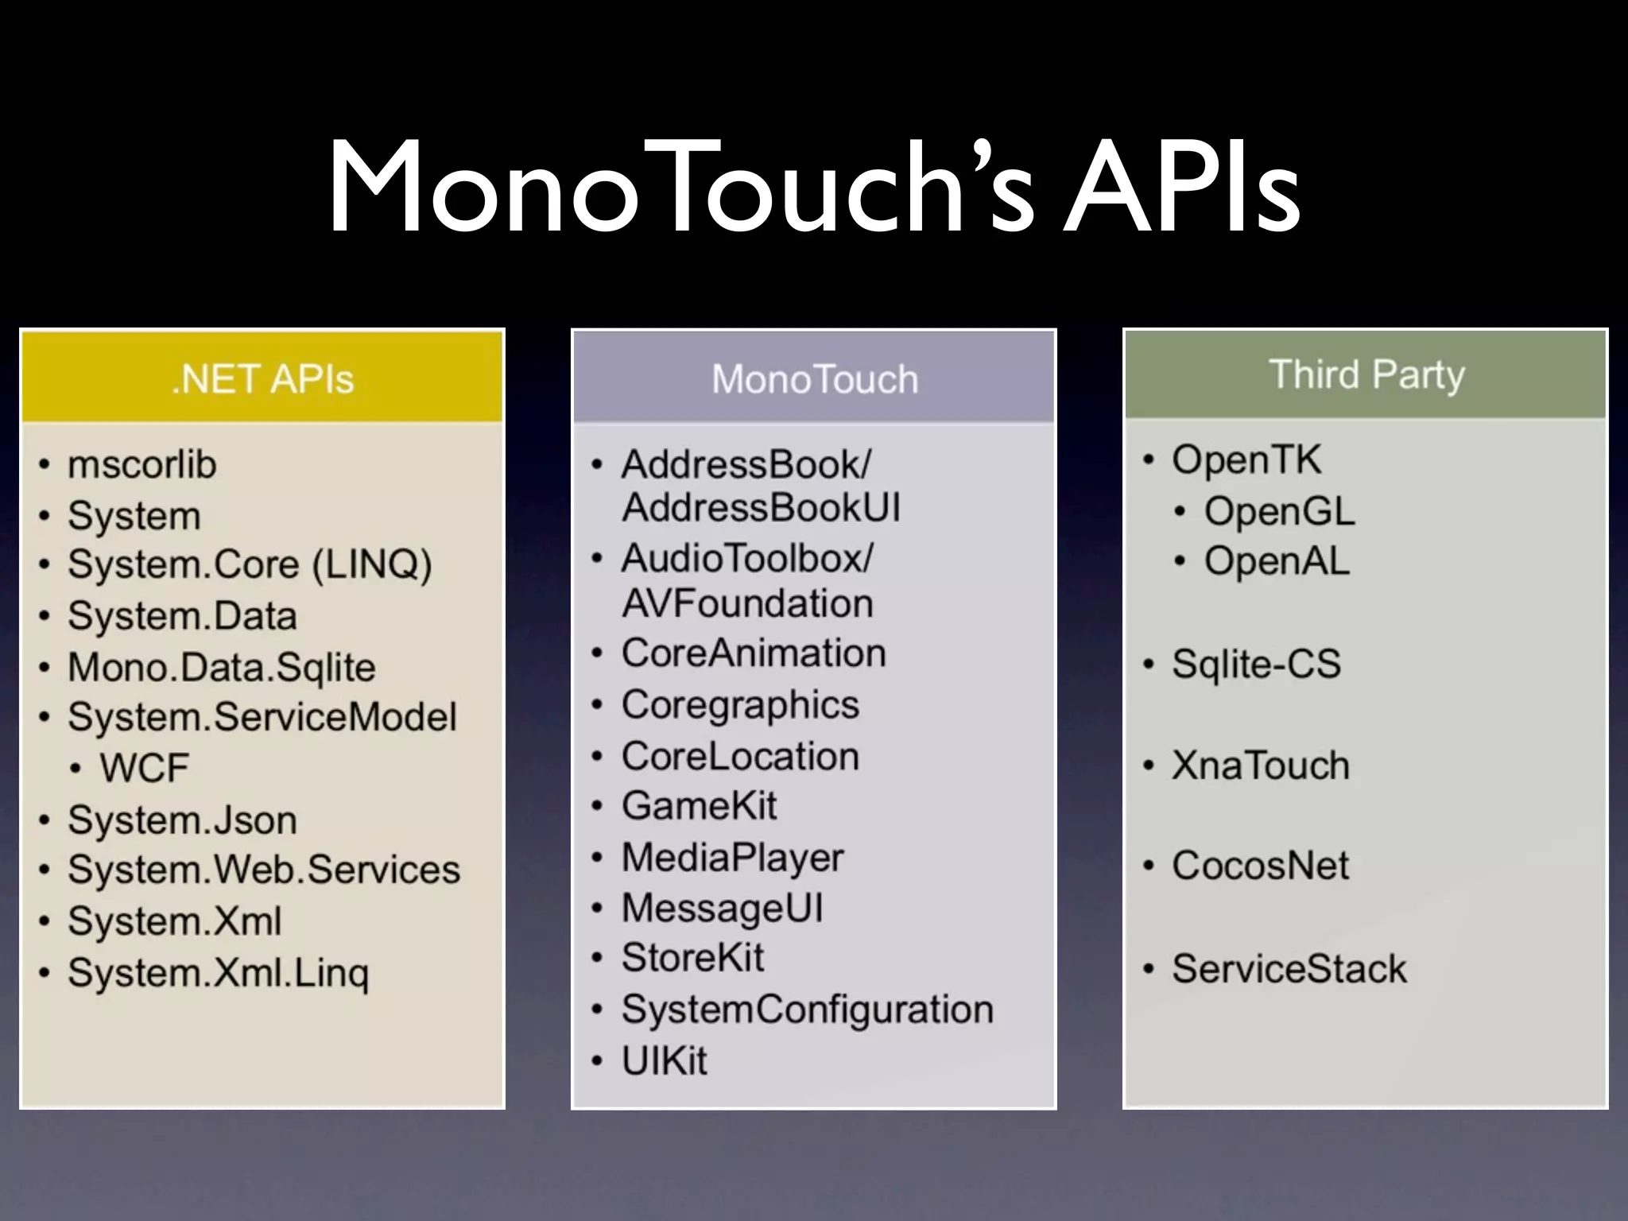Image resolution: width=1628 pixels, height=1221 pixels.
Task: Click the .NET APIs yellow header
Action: tap(262, 378)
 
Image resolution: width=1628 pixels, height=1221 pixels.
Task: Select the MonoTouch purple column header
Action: tap(814, 378)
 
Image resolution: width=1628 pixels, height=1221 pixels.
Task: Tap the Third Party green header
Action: tap(1366, 374)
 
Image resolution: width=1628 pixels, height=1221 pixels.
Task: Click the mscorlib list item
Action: tap(141, 464)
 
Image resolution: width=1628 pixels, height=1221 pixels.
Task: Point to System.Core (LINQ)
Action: tap(250, 564)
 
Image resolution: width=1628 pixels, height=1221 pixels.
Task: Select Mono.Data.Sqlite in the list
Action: tap(221, 667)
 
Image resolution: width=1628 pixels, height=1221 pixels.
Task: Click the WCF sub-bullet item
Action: tap(144, 768)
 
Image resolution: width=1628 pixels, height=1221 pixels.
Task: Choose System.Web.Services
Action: tap(263, 870)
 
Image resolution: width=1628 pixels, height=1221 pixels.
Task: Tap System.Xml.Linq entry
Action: tap(218, 972)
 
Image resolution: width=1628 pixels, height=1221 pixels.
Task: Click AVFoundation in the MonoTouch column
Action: tap(747, 603)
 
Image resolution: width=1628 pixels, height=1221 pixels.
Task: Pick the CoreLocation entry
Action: tap(740, 756)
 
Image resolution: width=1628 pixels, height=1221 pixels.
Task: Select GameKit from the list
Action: tap(699, 806)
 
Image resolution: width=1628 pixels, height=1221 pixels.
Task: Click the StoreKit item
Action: tap(692, 957)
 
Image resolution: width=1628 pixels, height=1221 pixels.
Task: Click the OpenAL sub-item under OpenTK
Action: tap(1276, 561)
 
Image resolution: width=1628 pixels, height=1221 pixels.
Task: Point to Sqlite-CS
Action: tap(1256, 664)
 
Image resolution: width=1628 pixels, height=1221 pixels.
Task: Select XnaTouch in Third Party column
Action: tap(1260, 766)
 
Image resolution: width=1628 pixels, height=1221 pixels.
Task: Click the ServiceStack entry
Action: tap(1289, 969)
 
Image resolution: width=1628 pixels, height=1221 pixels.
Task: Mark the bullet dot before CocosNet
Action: tap(1148, 866)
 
